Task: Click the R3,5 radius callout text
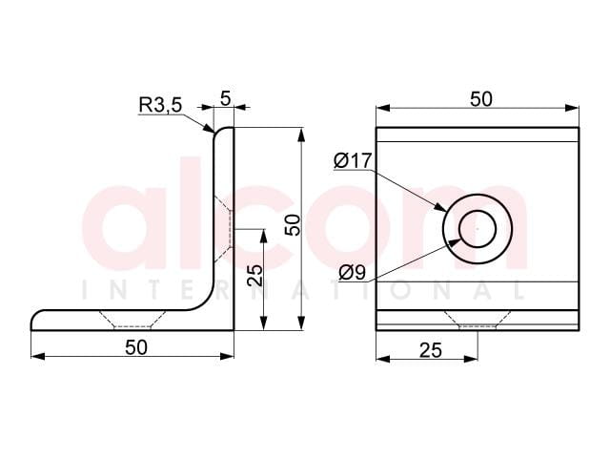click(x=160, y=105)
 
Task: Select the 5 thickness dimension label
click(x=226, y=98)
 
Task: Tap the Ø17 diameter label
click(x=353, y=161)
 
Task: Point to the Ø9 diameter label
click(x=352, y=272)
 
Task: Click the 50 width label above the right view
click(x=481, y=99)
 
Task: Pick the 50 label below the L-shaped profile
click(x=136, y=347)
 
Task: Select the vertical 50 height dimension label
click(x=293, y=225)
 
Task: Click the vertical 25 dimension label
click(x=254, y=276)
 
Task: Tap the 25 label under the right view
click(x=431, y=350)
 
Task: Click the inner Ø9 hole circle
click(x=478, y=211)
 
